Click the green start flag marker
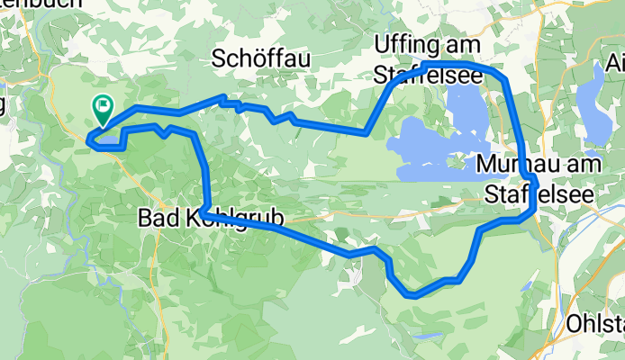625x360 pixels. tap(102, 110)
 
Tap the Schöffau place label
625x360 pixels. tap(260, 59)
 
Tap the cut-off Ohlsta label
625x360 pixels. tap(595, 322)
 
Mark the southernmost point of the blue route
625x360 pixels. tap(412, 294)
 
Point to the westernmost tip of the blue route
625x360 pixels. tap(88, 139)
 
